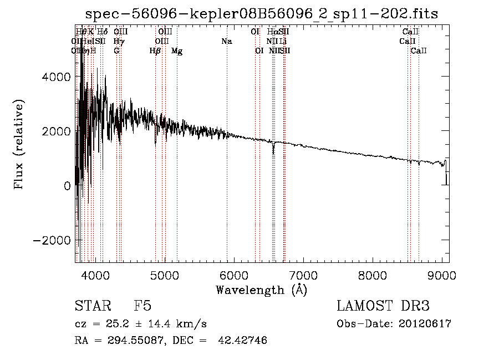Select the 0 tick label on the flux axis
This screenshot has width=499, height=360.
(x=67, y=186)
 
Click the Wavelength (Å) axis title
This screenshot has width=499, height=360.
(x=262, y=290)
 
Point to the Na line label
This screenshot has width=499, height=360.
(x=226, y=41)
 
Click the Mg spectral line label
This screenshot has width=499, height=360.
(x=177, y=51)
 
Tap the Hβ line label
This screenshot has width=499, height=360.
(x=155, y=51)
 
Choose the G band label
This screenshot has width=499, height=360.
(x=116, y=51)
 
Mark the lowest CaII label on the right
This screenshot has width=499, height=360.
(x=419, y=51)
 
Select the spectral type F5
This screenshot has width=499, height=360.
(x=142, y=306)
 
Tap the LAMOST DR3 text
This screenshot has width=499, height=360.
(x=383, y=306)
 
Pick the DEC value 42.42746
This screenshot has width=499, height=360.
(x=242, y=341)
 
